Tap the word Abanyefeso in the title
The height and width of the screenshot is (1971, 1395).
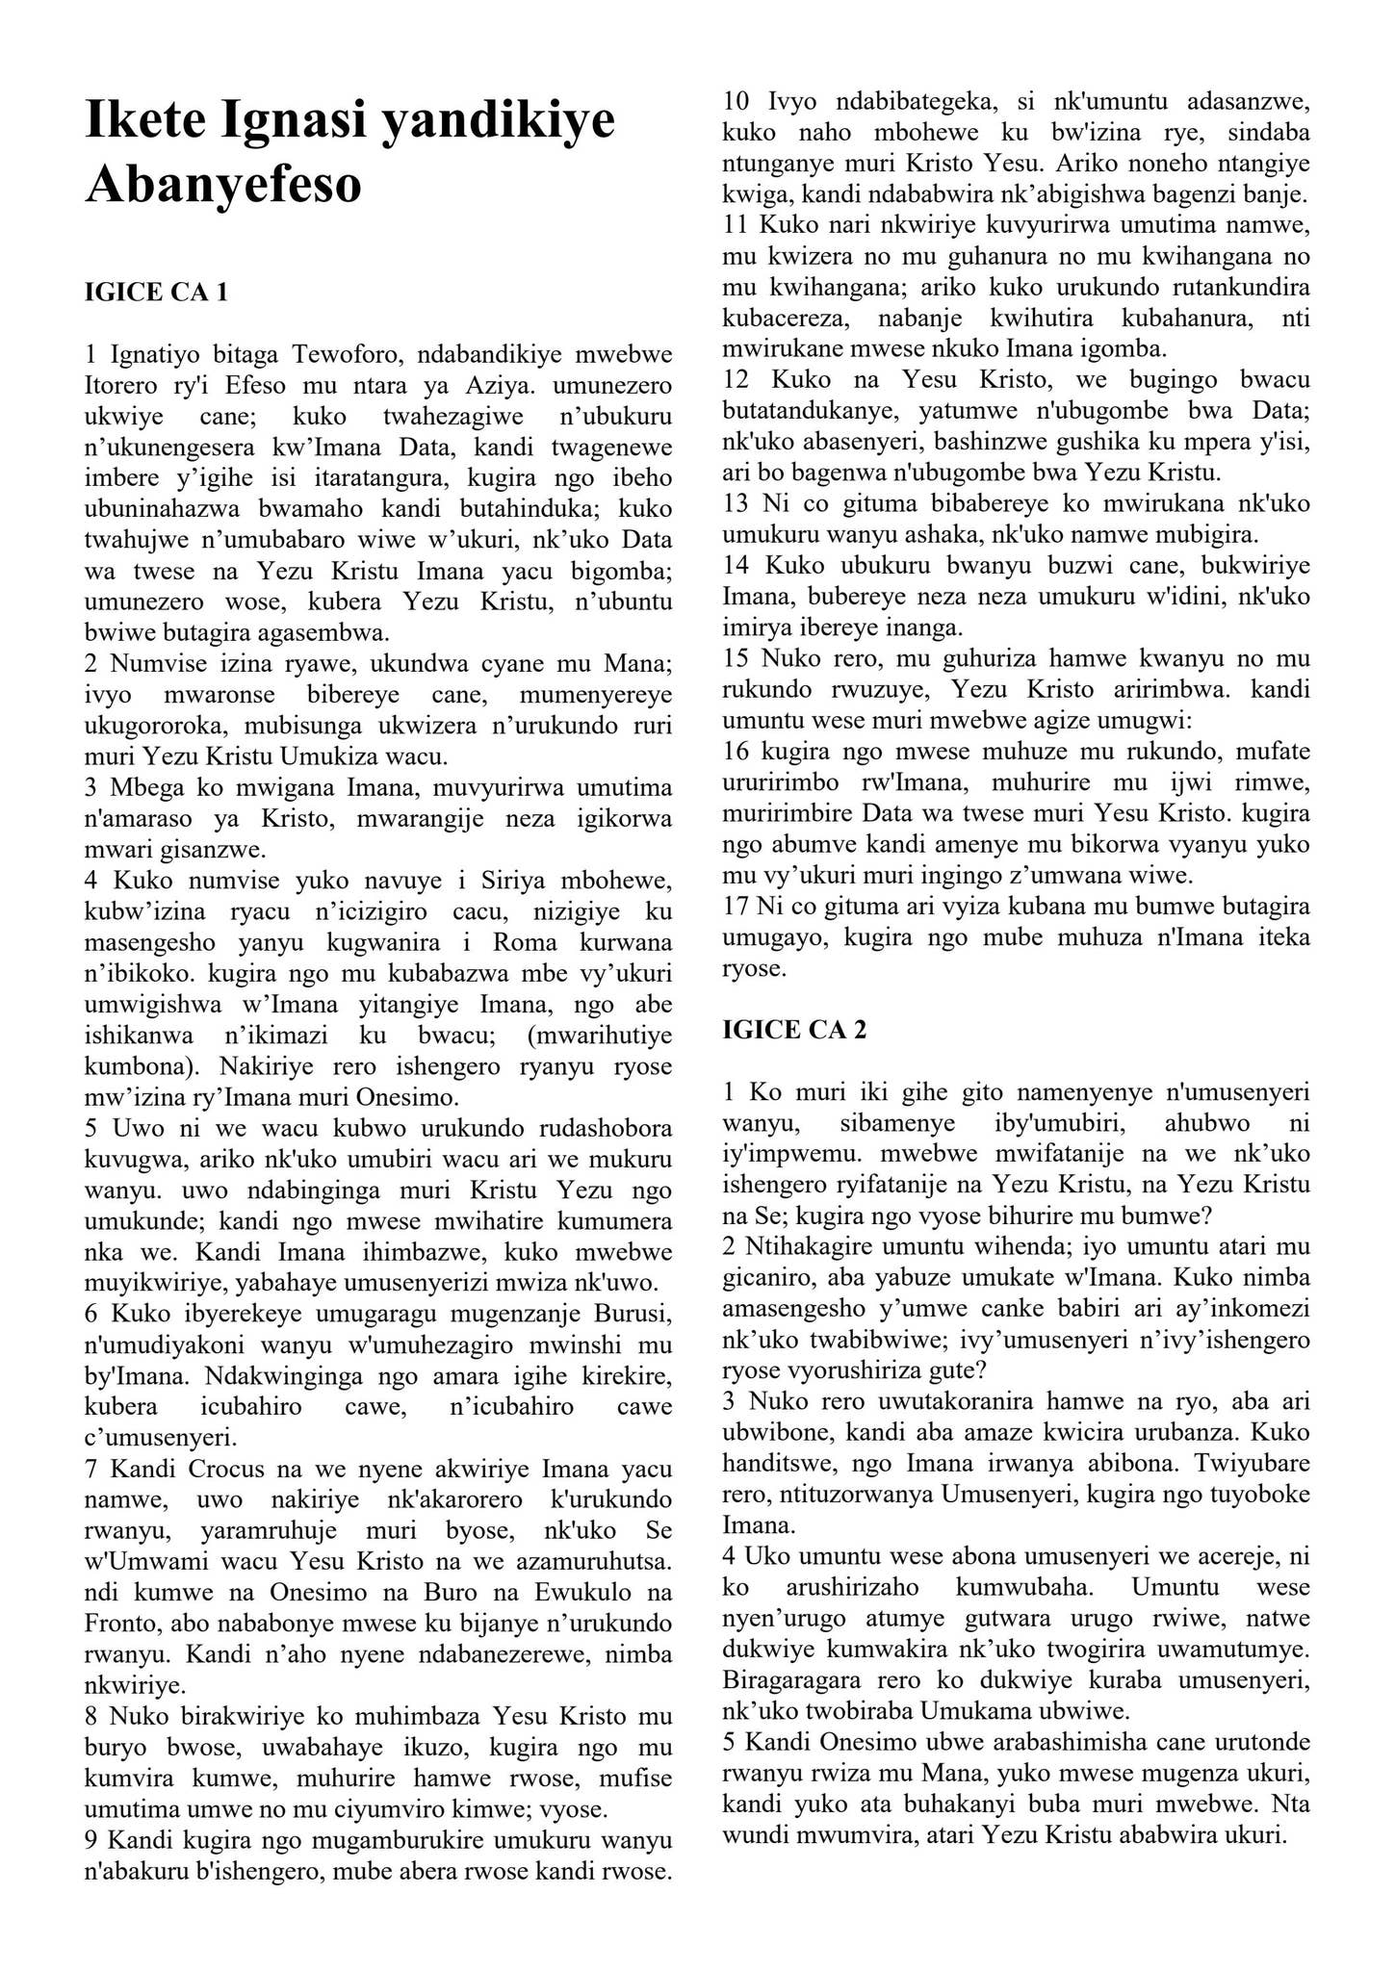(223, 184)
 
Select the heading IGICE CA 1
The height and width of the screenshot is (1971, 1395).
(156, 293)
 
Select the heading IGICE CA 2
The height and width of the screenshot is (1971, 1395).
(794, 1030)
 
